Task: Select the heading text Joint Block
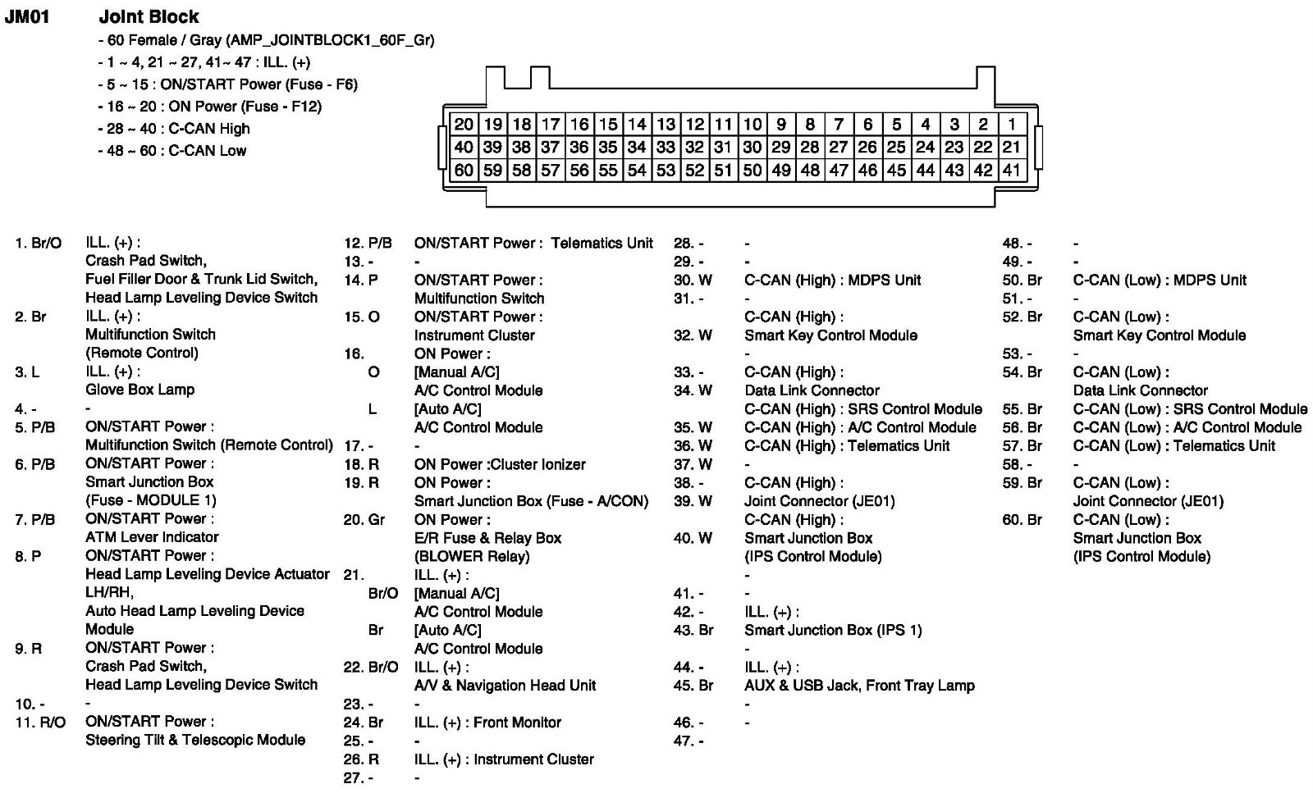(x=149, y=16)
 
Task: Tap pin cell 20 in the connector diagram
(x=464, y=124)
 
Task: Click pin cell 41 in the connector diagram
(x=1012, y=171)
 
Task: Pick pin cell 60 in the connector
(x=464, y=171)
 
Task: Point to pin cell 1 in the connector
(x=1012, y=124)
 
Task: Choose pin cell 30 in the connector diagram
(x=752, y=148)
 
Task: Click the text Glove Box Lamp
(x=140, y=390)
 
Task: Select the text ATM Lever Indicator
(x=152, y=537)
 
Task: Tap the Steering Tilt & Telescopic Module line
(x=195, y=740)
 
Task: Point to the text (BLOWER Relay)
(x=472, y=556)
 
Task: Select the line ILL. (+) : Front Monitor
(x=487, y=723)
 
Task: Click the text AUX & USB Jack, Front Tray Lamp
(x=859, y=686)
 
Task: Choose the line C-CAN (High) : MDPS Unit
(x=832, y=280)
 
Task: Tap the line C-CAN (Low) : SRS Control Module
(x=1190, y=408)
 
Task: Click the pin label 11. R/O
(x=40, y=722)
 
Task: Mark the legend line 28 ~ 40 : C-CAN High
(x=174, y=129)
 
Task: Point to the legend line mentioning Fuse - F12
(x=210, y=107)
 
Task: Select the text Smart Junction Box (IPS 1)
(x=833, y=630)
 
